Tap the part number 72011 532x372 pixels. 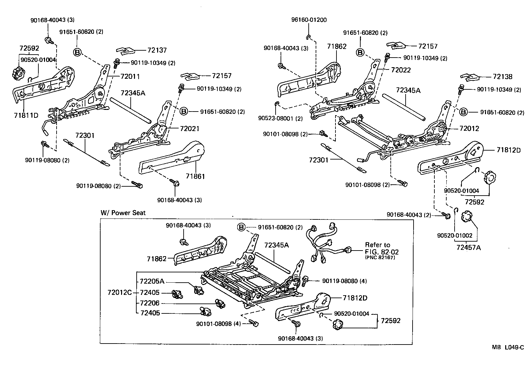130,76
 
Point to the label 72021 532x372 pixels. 190,128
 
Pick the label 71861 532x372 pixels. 195,176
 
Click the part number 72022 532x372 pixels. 401,70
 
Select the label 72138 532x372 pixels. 502,77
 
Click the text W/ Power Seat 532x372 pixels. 123,212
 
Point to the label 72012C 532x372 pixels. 119,293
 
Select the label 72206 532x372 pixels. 150,303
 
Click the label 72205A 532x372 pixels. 152,282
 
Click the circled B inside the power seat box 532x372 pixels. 242,227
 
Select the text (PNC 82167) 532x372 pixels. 380,257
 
